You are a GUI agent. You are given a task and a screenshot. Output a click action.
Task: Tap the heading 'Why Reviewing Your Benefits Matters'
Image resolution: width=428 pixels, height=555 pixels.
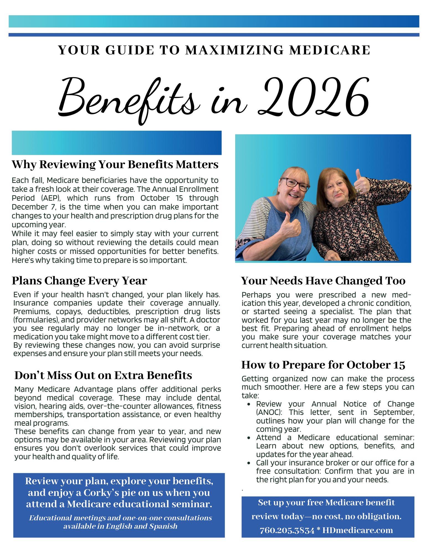point(115,164)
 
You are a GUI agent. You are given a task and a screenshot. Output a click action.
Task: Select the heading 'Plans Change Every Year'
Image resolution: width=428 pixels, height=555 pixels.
point(79,281)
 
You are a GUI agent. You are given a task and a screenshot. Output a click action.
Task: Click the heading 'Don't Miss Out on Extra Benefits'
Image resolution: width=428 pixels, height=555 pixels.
point(103,375)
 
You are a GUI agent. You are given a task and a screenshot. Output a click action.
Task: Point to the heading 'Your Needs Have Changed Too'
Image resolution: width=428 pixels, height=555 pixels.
point(323,281)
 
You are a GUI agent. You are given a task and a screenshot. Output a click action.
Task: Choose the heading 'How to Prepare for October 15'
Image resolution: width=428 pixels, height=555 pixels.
point(323,365)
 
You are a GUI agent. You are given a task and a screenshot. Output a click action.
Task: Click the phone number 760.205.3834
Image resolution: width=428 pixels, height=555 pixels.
point(287,530)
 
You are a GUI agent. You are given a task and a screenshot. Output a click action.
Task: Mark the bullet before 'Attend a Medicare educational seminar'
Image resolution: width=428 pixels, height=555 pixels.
point(250,438)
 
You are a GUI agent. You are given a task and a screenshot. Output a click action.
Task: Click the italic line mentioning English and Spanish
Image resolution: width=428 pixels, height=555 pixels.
point(120,526)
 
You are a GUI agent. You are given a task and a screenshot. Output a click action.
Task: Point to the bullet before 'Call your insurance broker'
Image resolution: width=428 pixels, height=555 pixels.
point(250,463)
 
